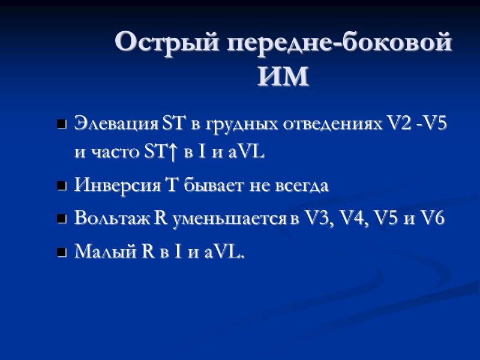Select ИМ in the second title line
click(x=283, y=77)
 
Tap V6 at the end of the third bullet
click(x=433, y=219)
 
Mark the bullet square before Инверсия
click(x=61, y=187)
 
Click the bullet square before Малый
click(x=61, y=254)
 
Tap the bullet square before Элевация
click(x=61, y=126)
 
